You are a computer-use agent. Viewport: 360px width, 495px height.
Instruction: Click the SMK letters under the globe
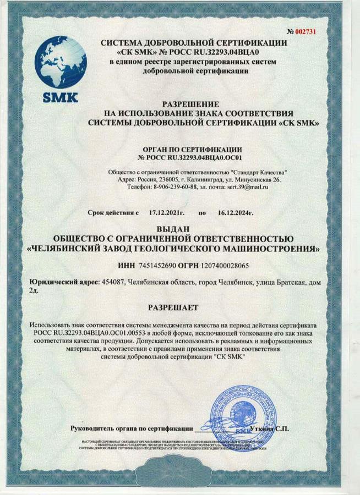click(x=61, y=100)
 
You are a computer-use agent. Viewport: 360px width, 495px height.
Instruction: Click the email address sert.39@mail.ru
click(x=244, y=187)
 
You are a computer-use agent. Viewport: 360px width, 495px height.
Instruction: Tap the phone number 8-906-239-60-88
click(x=173, y=187)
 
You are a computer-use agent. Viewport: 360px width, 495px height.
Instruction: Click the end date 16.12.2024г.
click(x=236, y=212)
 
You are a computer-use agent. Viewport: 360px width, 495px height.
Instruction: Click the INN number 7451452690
click(x=156, y=265)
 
